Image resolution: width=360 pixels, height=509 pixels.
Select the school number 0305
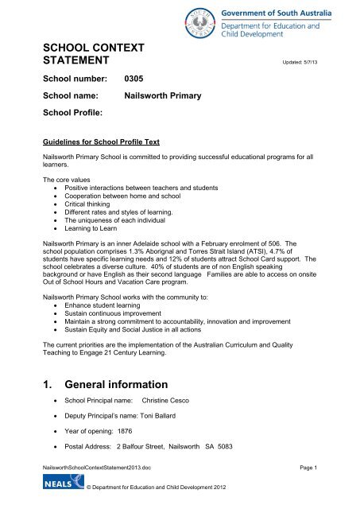coord(137,80)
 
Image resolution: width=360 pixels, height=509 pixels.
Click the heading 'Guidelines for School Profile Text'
coord(102,141)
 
